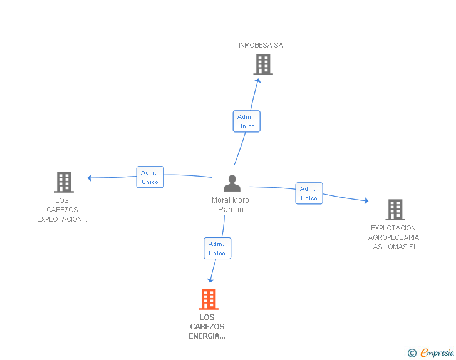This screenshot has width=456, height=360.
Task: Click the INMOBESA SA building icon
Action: pos(263,64)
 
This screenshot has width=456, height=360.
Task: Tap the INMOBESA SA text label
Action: pos(261,45)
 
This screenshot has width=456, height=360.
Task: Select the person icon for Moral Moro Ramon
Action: pos(232,183)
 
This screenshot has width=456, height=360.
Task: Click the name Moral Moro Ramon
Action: pos(231,205)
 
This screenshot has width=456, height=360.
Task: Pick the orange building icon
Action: pos(209,299)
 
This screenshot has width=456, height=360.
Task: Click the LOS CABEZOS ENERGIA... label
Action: pos(207,327)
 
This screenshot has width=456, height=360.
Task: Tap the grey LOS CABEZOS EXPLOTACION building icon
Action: pos(64,182)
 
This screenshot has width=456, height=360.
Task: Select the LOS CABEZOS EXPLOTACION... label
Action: pos(62,210)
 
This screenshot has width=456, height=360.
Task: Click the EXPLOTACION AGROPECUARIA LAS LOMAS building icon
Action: pos(395,209)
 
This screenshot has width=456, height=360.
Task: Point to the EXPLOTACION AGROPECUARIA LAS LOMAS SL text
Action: pos(393,237)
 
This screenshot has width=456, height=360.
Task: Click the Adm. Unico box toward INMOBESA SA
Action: pos(246,121)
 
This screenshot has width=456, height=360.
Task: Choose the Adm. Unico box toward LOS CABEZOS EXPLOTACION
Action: pos(150,177)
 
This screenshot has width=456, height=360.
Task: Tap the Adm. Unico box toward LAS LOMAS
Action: pos(309,193)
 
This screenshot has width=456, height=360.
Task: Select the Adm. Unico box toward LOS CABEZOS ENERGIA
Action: pos(217,249)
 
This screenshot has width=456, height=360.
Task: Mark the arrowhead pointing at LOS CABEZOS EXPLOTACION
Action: pos(90,178)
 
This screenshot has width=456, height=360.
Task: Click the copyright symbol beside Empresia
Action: pos(412,354)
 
